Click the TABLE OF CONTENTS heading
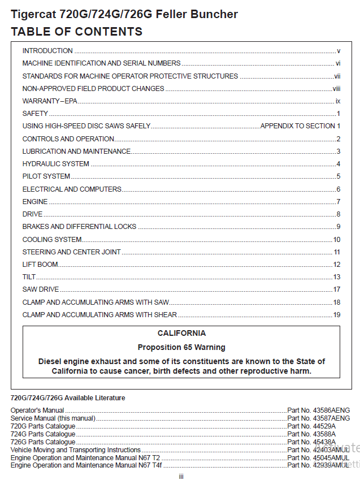tap(76, 31)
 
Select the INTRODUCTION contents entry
tap(47, 51)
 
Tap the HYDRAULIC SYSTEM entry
tap(55, 164)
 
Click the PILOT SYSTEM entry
tap(46, 176)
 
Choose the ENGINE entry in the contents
tap(35, 202)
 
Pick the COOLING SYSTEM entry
tap(52, 240)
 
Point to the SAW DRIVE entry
tap(41, 289)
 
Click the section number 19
tap(337, 315)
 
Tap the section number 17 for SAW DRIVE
tap(337, 289)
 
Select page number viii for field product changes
tap(336, 89)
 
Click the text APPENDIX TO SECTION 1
tap(300, 126)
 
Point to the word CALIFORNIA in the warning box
tap(181, 334)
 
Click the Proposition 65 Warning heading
tap(181, 347)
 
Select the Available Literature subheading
tap(68, 398)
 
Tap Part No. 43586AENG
tap(319, 410)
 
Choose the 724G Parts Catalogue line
tap(43, 434)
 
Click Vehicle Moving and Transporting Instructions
tap(76, 449)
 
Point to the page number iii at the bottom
tap(181, 476)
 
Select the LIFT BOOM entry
tap(40, 265)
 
